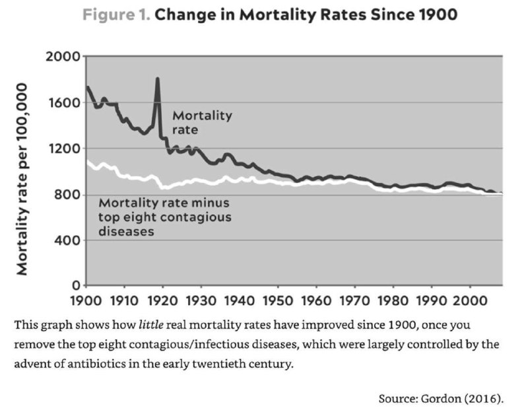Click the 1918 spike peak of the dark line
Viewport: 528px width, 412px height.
[x=157, y=79]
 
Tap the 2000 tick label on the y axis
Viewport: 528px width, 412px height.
[x=63, y=56]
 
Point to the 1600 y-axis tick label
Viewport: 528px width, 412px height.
[x=64, y=102]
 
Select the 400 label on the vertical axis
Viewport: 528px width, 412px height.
[x=67, y=240]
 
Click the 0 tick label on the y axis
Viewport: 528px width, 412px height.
[x=76, y=286]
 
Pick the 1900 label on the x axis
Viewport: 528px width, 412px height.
[x=86, y=300]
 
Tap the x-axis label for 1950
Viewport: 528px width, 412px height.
[x=278, y=300]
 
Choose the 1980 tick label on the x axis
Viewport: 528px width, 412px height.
[x=393, y=300]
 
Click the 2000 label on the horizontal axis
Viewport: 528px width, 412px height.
[x=470, y=300]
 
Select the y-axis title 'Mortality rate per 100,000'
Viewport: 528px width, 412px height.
[x=22, y=179]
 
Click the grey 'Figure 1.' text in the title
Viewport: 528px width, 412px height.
[x=116, y=15]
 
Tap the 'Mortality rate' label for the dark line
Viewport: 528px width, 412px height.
[x=202, y=123]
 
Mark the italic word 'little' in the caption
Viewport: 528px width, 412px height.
[x=151, y=325]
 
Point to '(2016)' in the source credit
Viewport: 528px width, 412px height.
[x=484, y=399]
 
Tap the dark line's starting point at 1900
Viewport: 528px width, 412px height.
[x=87, y=87]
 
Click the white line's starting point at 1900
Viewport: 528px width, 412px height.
[x=87, y=161]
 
